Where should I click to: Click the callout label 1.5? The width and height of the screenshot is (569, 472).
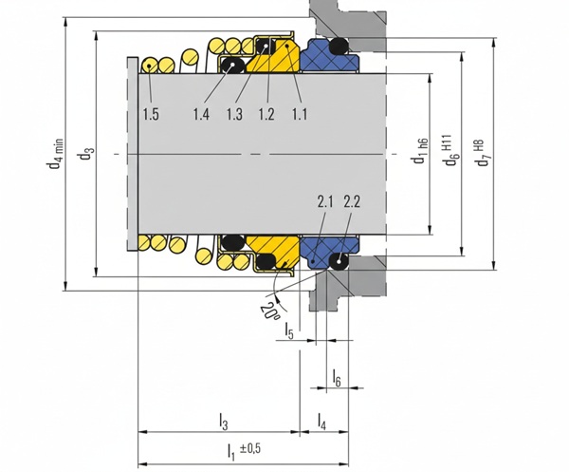(151, 115)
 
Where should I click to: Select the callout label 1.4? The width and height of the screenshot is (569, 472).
(200, 115)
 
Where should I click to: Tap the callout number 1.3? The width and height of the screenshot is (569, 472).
(234, 115)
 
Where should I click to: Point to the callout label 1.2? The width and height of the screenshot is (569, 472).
(266, 115)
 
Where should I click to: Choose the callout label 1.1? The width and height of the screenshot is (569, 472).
(300, 115)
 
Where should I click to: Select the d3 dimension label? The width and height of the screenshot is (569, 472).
(87, 153)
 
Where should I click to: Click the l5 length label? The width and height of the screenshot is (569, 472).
(289, 330)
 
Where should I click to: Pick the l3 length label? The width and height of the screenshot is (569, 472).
(223, 420)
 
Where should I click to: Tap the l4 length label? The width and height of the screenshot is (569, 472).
(322, 420)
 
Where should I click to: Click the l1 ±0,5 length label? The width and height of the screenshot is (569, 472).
(243, 448)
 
